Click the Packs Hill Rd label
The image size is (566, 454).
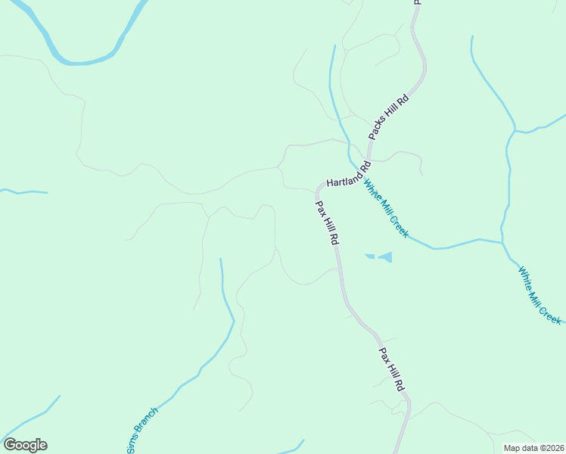tap(389, 117)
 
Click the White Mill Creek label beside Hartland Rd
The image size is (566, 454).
tap(385, 208)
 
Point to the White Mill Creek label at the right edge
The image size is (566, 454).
tap(540, 295)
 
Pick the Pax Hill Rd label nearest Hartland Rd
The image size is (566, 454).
tap(327, 222)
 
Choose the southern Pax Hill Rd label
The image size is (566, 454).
tap(392, 369)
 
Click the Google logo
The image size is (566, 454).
tap(25, 445)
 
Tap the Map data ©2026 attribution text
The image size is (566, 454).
tap(533, 448)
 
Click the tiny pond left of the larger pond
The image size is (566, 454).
tap(369, 256)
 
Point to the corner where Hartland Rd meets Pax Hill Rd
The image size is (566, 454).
tap(318, 187)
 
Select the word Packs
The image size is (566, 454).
tap(378, 129)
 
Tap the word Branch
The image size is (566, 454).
tap(145, 424)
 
